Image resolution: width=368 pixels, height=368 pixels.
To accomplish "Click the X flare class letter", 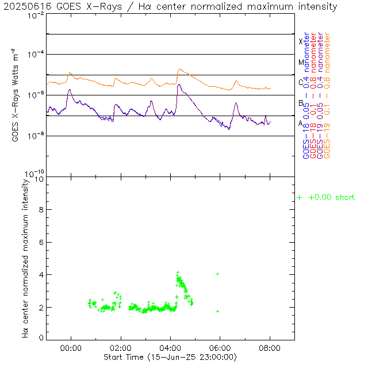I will (300, 41).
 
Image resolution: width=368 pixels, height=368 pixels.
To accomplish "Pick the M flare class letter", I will (300, 62).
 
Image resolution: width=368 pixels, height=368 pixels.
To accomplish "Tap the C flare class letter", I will (300, 82).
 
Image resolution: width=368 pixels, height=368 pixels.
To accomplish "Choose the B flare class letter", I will (300, 103).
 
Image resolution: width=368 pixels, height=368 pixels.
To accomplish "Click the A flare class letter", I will (300, 123).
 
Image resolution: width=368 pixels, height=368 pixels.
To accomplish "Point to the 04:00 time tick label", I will (171, 348).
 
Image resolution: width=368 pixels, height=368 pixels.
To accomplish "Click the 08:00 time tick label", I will (270, 348).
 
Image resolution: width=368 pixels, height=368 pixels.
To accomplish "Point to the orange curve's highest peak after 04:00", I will (180, 70).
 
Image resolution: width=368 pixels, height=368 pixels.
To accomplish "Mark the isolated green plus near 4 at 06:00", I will (217, 274).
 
